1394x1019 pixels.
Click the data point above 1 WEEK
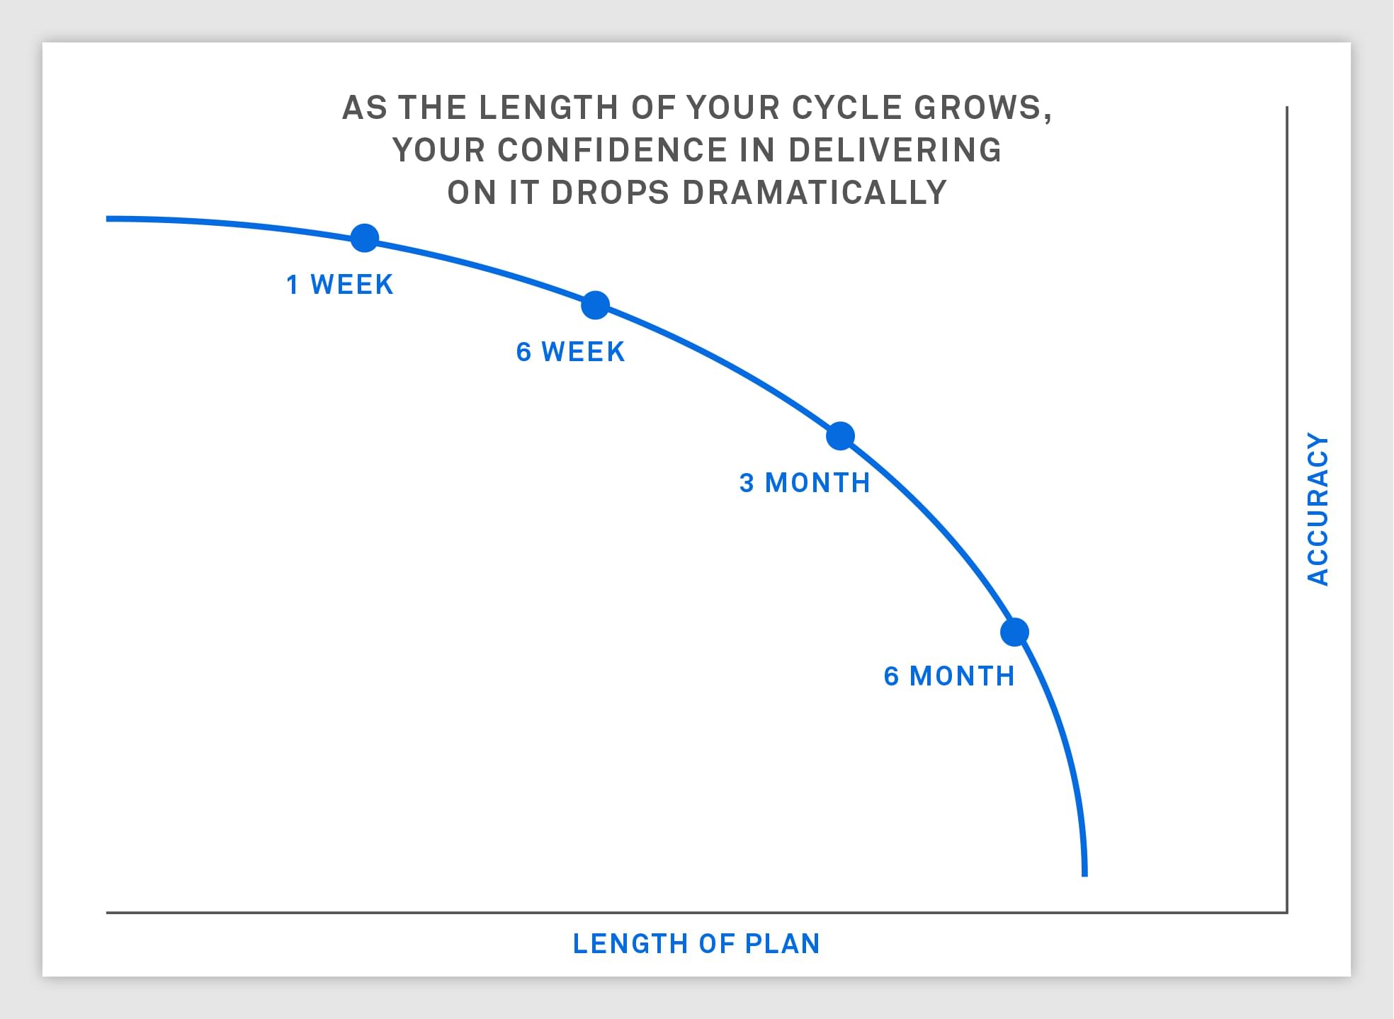[x=365, y=238]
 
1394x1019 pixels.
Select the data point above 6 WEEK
[x=596, y=305]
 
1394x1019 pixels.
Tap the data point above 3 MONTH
[x=841, y=436]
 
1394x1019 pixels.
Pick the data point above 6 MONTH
[x=1015, y=632]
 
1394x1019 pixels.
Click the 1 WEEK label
[x=340, y=285]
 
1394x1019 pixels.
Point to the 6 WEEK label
[x=571, y=352]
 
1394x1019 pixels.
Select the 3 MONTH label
[x=805, y=483]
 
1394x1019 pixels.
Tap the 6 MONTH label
[x=949, y=676]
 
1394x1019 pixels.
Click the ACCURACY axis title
[x=1318, y=509]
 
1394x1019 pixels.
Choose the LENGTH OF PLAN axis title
[x=696, y=944]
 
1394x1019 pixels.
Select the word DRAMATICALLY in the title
[x=815, y=193]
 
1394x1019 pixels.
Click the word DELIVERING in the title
[x=895, y=150]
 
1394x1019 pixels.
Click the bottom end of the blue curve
[x=1084, y=876]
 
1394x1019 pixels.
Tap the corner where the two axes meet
[x=1286, y=912]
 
